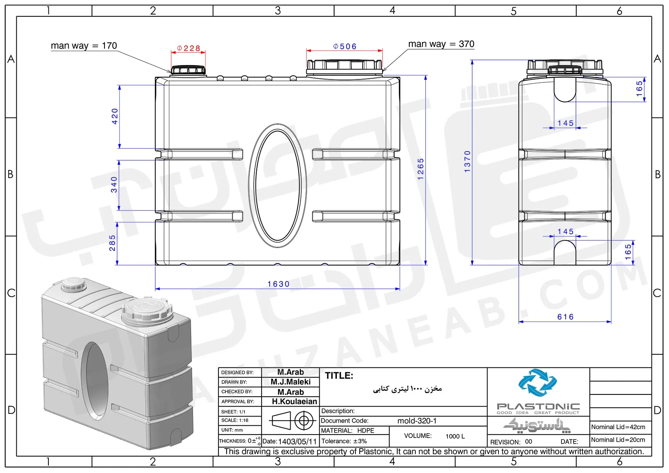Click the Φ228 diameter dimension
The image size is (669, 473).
[x=189, y=48]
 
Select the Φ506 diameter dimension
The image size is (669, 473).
[x=345, y=47]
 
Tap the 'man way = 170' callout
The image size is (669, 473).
[x=84, y=46]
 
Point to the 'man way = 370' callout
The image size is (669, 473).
[x=441, y=44]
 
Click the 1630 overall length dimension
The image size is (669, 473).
[x=278, y=284]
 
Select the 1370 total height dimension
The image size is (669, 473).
[x=468, y=161]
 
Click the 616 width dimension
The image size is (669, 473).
[x=565, y=317]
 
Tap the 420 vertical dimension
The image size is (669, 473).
[x=115, y=116]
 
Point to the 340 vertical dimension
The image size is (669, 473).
[x=114, y=185]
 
